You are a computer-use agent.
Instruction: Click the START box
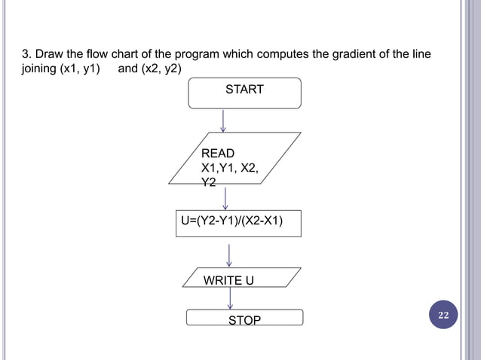(x=244, y=91)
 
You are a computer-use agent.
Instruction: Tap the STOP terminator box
(x=244, y=319)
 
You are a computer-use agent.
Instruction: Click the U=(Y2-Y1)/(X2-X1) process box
(x=237, y=222)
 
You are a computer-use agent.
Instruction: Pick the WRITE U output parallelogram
(x=236, y=278)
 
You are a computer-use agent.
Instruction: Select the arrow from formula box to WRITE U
(x=228, y=255)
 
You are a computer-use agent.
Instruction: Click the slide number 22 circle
(x=443, y=315)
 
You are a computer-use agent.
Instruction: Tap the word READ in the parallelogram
(x=217, y=154)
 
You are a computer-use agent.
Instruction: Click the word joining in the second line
(x=35, y=71)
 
